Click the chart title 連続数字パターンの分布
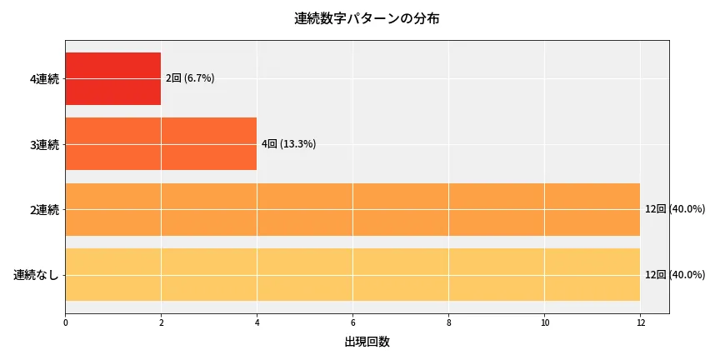367,18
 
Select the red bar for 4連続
112,78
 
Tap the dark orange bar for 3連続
160,144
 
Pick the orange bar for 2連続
352,209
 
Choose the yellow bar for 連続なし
352,274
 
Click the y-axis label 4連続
44,79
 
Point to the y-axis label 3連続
44,145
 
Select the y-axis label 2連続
44,210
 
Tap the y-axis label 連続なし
37,275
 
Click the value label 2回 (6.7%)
190,78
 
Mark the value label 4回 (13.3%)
288,144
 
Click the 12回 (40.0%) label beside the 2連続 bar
675,209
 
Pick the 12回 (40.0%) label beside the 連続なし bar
675,274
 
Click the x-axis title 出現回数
367,342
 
